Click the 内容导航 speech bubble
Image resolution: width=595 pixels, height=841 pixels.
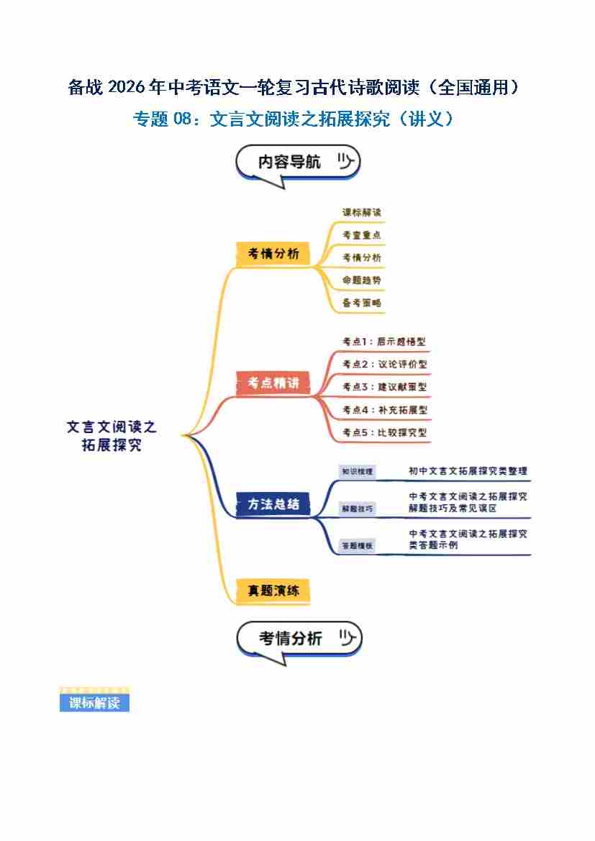point(297,163)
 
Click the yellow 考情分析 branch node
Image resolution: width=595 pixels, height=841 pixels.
point(273,254)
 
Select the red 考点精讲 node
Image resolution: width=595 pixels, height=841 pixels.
point(273,383)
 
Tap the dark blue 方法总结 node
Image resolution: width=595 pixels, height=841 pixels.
point(273,504)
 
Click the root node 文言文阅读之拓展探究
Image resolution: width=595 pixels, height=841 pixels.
point(112,436)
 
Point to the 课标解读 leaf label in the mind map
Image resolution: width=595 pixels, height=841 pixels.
point(362,213)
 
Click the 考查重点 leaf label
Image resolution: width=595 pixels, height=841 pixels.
point(362,235)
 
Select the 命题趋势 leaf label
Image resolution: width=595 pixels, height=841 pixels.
point(362,280)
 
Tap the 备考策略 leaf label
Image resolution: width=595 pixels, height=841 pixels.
point(362,303)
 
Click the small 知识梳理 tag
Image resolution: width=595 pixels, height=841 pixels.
point(358,472)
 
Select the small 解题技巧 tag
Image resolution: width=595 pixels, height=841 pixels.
point(358,509)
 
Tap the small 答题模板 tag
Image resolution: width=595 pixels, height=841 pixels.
point(358,546)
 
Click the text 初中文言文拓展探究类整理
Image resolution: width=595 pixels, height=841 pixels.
point(468,471)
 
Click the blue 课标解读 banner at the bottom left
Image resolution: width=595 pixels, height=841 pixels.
point(94,703)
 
